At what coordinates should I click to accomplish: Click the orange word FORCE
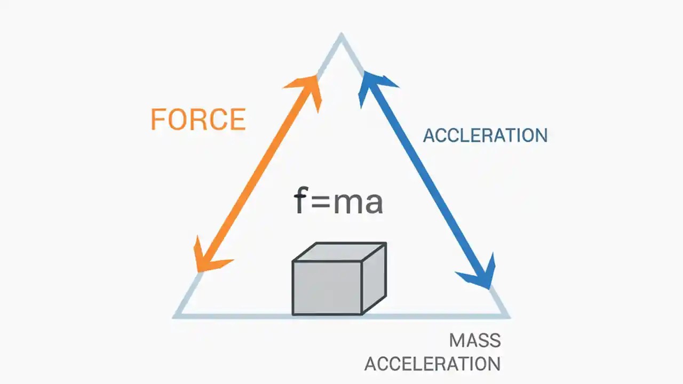click(x=198, y=119)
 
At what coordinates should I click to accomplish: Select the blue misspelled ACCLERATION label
click(x=485, y=135)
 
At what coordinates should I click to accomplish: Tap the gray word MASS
click(x=474, y=340)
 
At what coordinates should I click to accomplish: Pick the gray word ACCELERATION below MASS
click(x=432, y=364)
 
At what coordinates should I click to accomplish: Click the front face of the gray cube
click(x=327, y=287)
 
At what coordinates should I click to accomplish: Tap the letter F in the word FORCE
click(x=158, y=119)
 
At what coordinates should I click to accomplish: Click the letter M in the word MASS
click(x=456, y=340)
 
